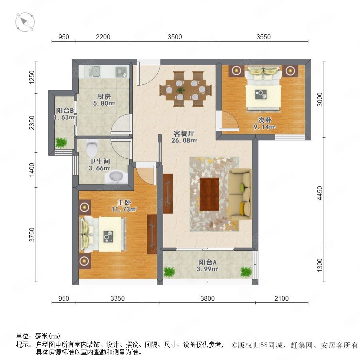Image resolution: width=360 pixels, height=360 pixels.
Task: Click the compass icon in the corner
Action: click(x=25, y=22)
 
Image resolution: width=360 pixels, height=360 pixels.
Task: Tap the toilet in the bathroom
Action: click(x=92, y=148)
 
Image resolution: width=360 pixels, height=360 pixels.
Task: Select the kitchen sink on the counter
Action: click(x=94, y=71)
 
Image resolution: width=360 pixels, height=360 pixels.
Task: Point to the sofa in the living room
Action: click(x=240, y=194)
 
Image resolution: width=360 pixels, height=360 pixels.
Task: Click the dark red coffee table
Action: click(x=209, y=194)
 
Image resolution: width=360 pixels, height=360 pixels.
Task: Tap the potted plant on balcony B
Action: click(x=61, y=143)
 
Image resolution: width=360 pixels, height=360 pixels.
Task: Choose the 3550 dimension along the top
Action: click(x=263, y=37)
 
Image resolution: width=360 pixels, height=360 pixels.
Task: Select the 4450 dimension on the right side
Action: click(x=320, y=193)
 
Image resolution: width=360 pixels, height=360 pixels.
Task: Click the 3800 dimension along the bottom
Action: click(x=207, y=298)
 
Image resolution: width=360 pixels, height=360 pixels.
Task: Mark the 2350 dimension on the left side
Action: click(x=32, y=123)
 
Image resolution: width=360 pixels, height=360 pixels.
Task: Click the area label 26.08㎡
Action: click(x=184, y=140)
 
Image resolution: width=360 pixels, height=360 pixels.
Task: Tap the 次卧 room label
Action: click(x=265, y=120)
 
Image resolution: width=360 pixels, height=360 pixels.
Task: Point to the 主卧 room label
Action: click(x=124, y=202)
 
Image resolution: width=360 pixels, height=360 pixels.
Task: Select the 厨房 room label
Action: click(x=104, y=96)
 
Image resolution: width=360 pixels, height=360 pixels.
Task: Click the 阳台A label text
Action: click(x=208, y=262)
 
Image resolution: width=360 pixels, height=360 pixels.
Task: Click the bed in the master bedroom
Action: click(x=102, y=234)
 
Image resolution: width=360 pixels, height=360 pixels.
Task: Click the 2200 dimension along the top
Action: click(x=103, y=37)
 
